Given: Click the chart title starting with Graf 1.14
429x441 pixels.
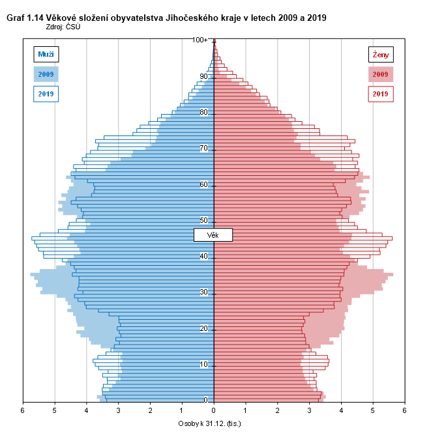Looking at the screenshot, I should coord(166,18).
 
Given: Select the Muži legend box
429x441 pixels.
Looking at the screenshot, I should coord(46,54).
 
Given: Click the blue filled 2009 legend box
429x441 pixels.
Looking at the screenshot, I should coord(46,74).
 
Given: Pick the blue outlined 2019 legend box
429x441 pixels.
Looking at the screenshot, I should coord(46,94).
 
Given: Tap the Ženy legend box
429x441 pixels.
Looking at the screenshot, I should coord(381,54).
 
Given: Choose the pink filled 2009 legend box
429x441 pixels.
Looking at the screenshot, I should coord(381,74).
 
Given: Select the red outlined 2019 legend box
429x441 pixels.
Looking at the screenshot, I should coord(381,94).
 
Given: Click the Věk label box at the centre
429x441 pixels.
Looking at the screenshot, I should coord(213,235).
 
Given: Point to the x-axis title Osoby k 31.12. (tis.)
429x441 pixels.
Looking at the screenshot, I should coord(214,424).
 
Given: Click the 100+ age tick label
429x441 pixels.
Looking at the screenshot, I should coord(200,40).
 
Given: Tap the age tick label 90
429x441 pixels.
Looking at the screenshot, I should coord(204,76).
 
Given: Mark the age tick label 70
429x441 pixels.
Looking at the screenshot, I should coord(204,149).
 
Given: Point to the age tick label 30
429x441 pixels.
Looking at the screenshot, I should coord(204,292).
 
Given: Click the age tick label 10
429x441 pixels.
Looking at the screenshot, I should coord(204,364).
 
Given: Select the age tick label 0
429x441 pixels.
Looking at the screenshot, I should coord(206,400).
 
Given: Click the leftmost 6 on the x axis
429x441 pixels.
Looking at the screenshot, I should coord(23,410).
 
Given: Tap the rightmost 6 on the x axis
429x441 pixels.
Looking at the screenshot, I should coord(405,410).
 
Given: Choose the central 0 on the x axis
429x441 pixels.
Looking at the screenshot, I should coord(214,410).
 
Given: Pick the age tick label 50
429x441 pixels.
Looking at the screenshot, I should coord(204,220).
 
